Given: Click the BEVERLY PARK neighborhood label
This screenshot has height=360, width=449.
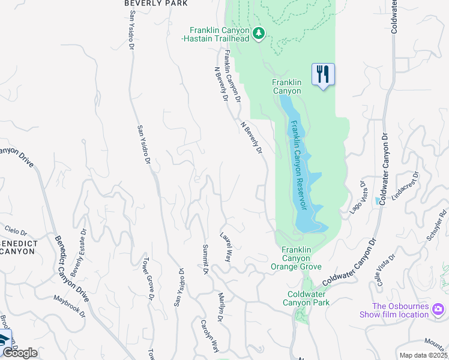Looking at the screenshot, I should coord(156,4).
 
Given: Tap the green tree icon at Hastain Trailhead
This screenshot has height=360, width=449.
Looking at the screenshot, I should coord(259,33).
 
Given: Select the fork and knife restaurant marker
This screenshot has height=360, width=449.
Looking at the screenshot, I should coord(323,74).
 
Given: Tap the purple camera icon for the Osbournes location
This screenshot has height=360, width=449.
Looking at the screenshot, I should coord(439,309).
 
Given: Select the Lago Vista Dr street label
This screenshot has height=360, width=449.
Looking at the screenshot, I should coord(361,196).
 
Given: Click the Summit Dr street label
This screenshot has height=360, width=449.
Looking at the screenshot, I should coord(205,259).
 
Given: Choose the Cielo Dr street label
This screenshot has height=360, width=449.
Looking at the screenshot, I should coord(16,231).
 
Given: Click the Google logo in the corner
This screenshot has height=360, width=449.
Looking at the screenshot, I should coord(20,353).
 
